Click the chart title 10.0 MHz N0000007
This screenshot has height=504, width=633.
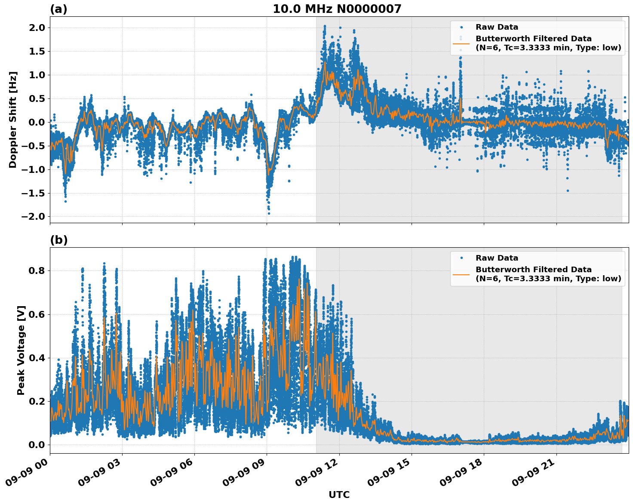click(x=337, y=9)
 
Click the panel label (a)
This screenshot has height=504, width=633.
click(x=58, y=9)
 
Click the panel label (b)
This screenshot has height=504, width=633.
click(x=58, y=240)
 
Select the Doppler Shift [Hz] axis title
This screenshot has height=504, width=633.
click(x=13, y=120)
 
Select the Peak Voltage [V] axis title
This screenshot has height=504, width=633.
click(x=21, y=350)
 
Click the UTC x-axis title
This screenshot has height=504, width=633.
click(x=339, y=495)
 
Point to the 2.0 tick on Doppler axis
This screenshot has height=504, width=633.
click(x=36, y=28)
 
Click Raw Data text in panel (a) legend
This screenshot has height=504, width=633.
click(x=497, y=27)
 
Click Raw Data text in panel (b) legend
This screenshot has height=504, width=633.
click(x=497, y=258)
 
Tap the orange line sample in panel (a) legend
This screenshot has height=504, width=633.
click(x=461, y=43)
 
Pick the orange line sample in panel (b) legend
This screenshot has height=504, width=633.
click(x=461, y=274)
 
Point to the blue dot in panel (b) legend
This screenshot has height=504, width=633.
click(x=461, y=258)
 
